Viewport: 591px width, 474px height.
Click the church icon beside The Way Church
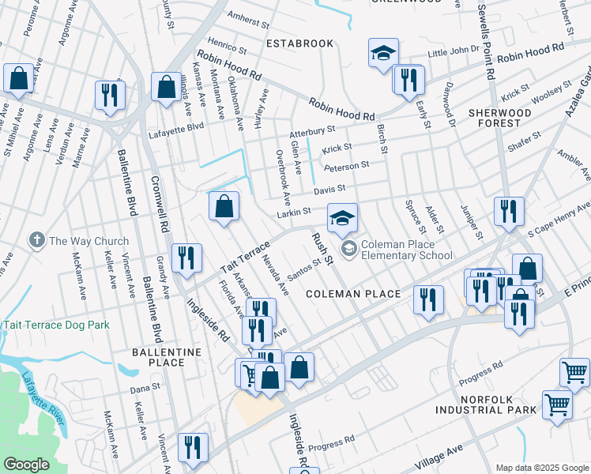coord(36,239)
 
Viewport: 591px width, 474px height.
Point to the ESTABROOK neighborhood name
coord(299,43)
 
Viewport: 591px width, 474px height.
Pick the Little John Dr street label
coord(453,50)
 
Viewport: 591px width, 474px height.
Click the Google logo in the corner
coord(27,465)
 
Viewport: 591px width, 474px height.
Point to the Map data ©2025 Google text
coord(541,468)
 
